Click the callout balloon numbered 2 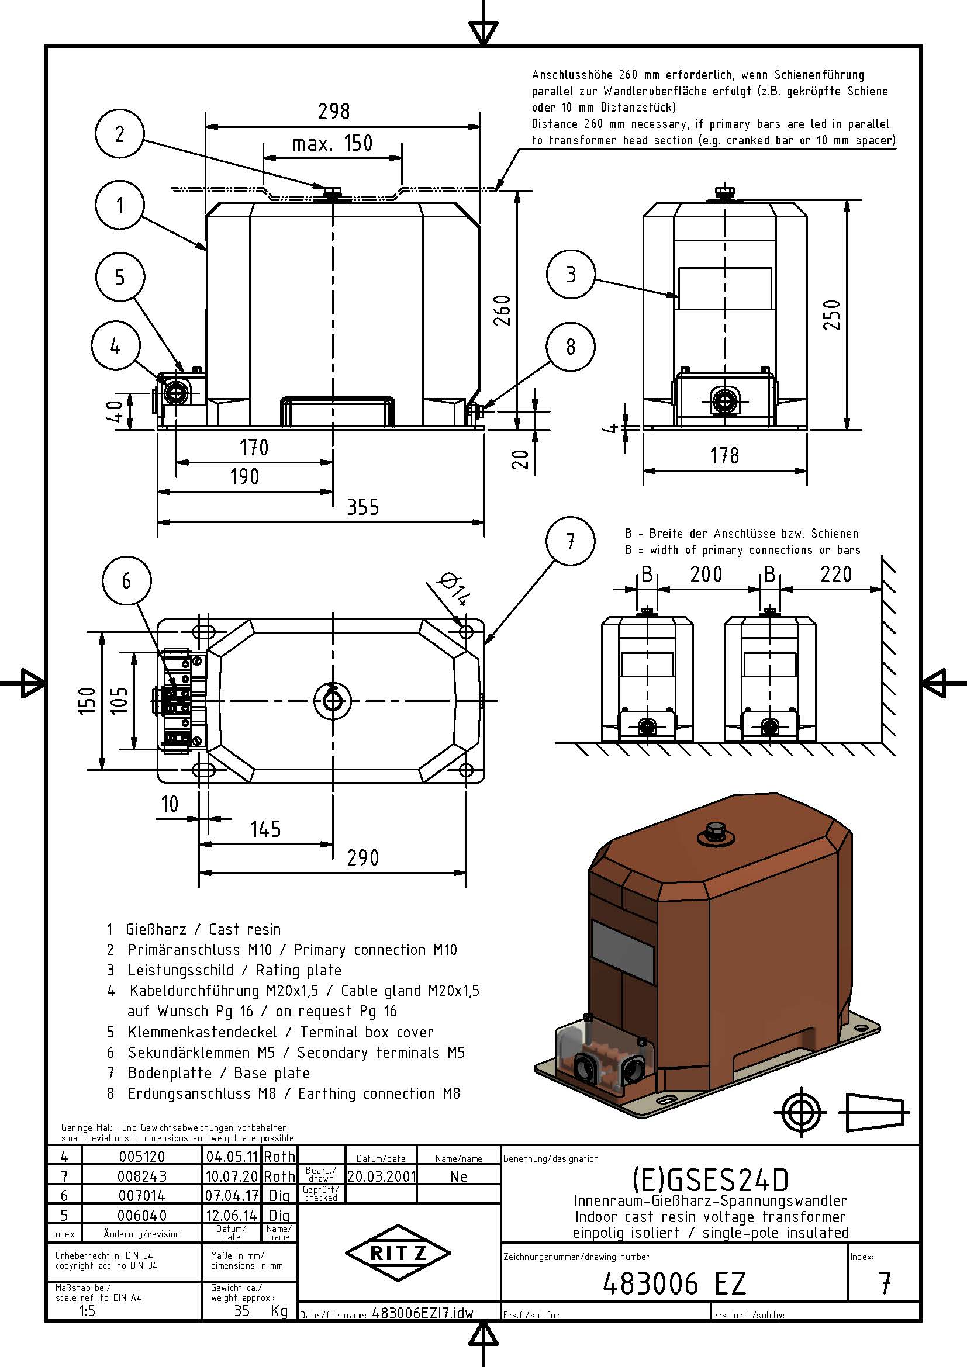click(x=119, y=134)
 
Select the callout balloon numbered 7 click(x=570, y=541)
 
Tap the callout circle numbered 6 click(x=126, y=580)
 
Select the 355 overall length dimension click(x=362, y=507)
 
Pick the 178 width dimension click(x=724, y=456)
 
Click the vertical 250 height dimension click(x=834, y=314)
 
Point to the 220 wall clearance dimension click(x=836, y=575)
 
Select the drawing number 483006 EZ click(x=674, y=1283)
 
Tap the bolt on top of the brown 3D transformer click(x=713, y=831)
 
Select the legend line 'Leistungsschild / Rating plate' click(x=234, y=971)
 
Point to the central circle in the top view click(x=332, y=701)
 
